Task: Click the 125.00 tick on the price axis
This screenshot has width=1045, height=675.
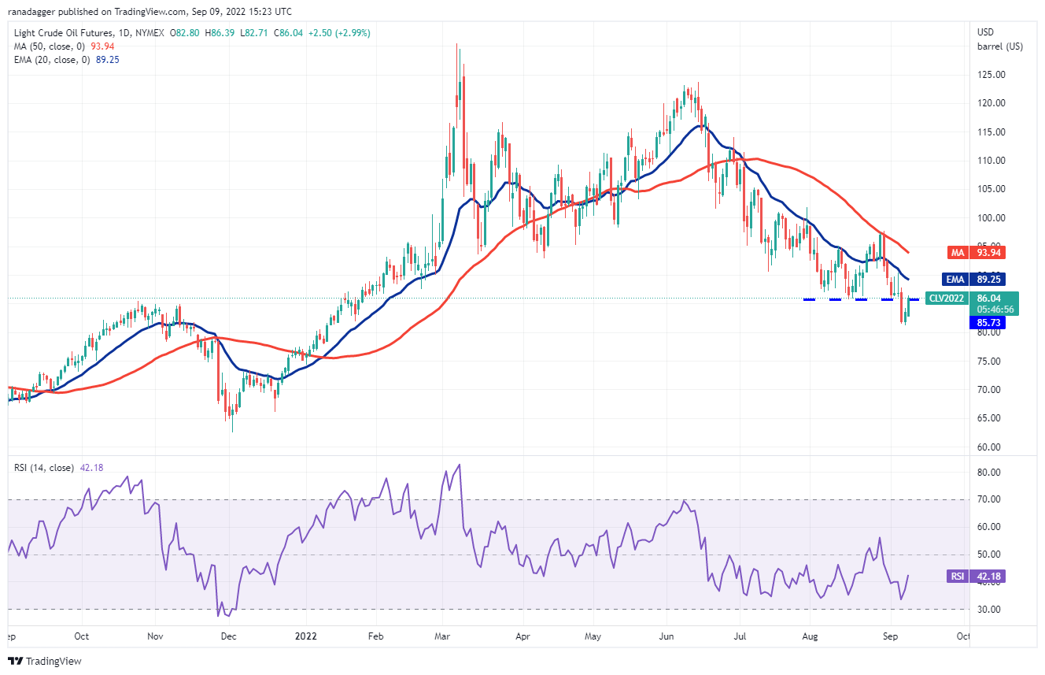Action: pyautogui.click(x=991, y=75)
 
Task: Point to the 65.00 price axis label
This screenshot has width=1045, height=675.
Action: pyautogui.click(x=991, y=418)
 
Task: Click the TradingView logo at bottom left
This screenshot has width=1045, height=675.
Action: pyautogui.click(x=45, y=661)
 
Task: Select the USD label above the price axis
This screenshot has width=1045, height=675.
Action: pyautogui.click(x=985, y=32)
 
